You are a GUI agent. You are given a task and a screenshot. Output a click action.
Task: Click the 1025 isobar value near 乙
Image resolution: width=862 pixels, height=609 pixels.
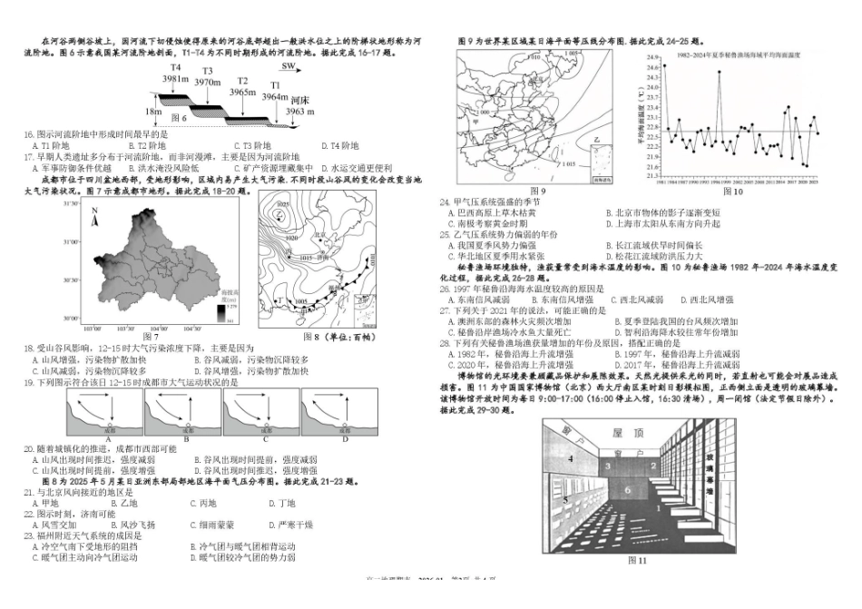pyautogui.click(x=282, y=205)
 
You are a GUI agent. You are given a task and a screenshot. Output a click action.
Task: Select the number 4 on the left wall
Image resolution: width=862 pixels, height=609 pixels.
pyautogui.click(x=569, y=459)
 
